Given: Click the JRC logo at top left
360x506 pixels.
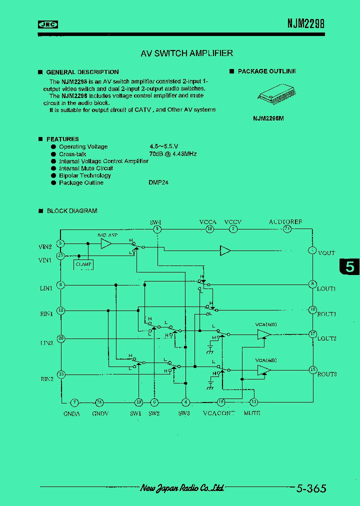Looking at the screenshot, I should tap(48, 24).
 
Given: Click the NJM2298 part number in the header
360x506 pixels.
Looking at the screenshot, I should tap(305, 23).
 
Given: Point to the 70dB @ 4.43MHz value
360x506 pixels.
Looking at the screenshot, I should tap(172, 154).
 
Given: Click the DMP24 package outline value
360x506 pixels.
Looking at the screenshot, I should tap(158, 182).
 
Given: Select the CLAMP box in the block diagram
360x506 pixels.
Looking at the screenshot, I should tap(83, 264).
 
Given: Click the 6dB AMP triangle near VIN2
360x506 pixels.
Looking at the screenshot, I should tap(106, 243).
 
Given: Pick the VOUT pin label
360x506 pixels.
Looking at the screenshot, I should tap(326, 253).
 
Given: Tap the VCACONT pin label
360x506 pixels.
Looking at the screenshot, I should tap(218, 413).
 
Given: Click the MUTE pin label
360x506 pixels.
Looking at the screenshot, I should tap(252, 413).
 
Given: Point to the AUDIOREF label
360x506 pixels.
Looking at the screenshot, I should tap(285, 221).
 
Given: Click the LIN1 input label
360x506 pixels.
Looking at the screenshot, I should tap(46, 288).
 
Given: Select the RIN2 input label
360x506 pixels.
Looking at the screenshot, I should tap(46, 378).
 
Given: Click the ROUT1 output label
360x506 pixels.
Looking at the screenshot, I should tap(326, 314).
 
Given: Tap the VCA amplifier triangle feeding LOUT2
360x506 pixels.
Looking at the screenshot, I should tap(263, 334).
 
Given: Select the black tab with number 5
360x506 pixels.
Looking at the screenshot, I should tap(349, 267).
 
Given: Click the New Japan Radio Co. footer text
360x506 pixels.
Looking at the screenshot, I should tap(181, 488).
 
